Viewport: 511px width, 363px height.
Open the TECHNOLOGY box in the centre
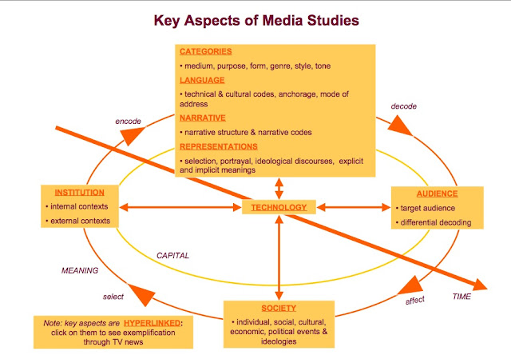(278, 208)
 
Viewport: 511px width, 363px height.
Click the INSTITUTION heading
(81, 193)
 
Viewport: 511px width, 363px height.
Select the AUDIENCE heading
(437, 193)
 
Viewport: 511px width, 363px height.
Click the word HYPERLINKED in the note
(154, 322)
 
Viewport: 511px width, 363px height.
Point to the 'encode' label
(128, 122)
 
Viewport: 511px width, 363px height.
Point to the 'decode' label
(404, 106)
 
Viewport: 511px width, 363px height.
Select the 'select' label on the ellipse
(113, 297)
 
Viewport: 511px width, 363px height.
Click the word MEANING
(80, 270)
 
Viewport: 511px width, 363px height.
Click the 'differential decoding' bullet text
(441, 221)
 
